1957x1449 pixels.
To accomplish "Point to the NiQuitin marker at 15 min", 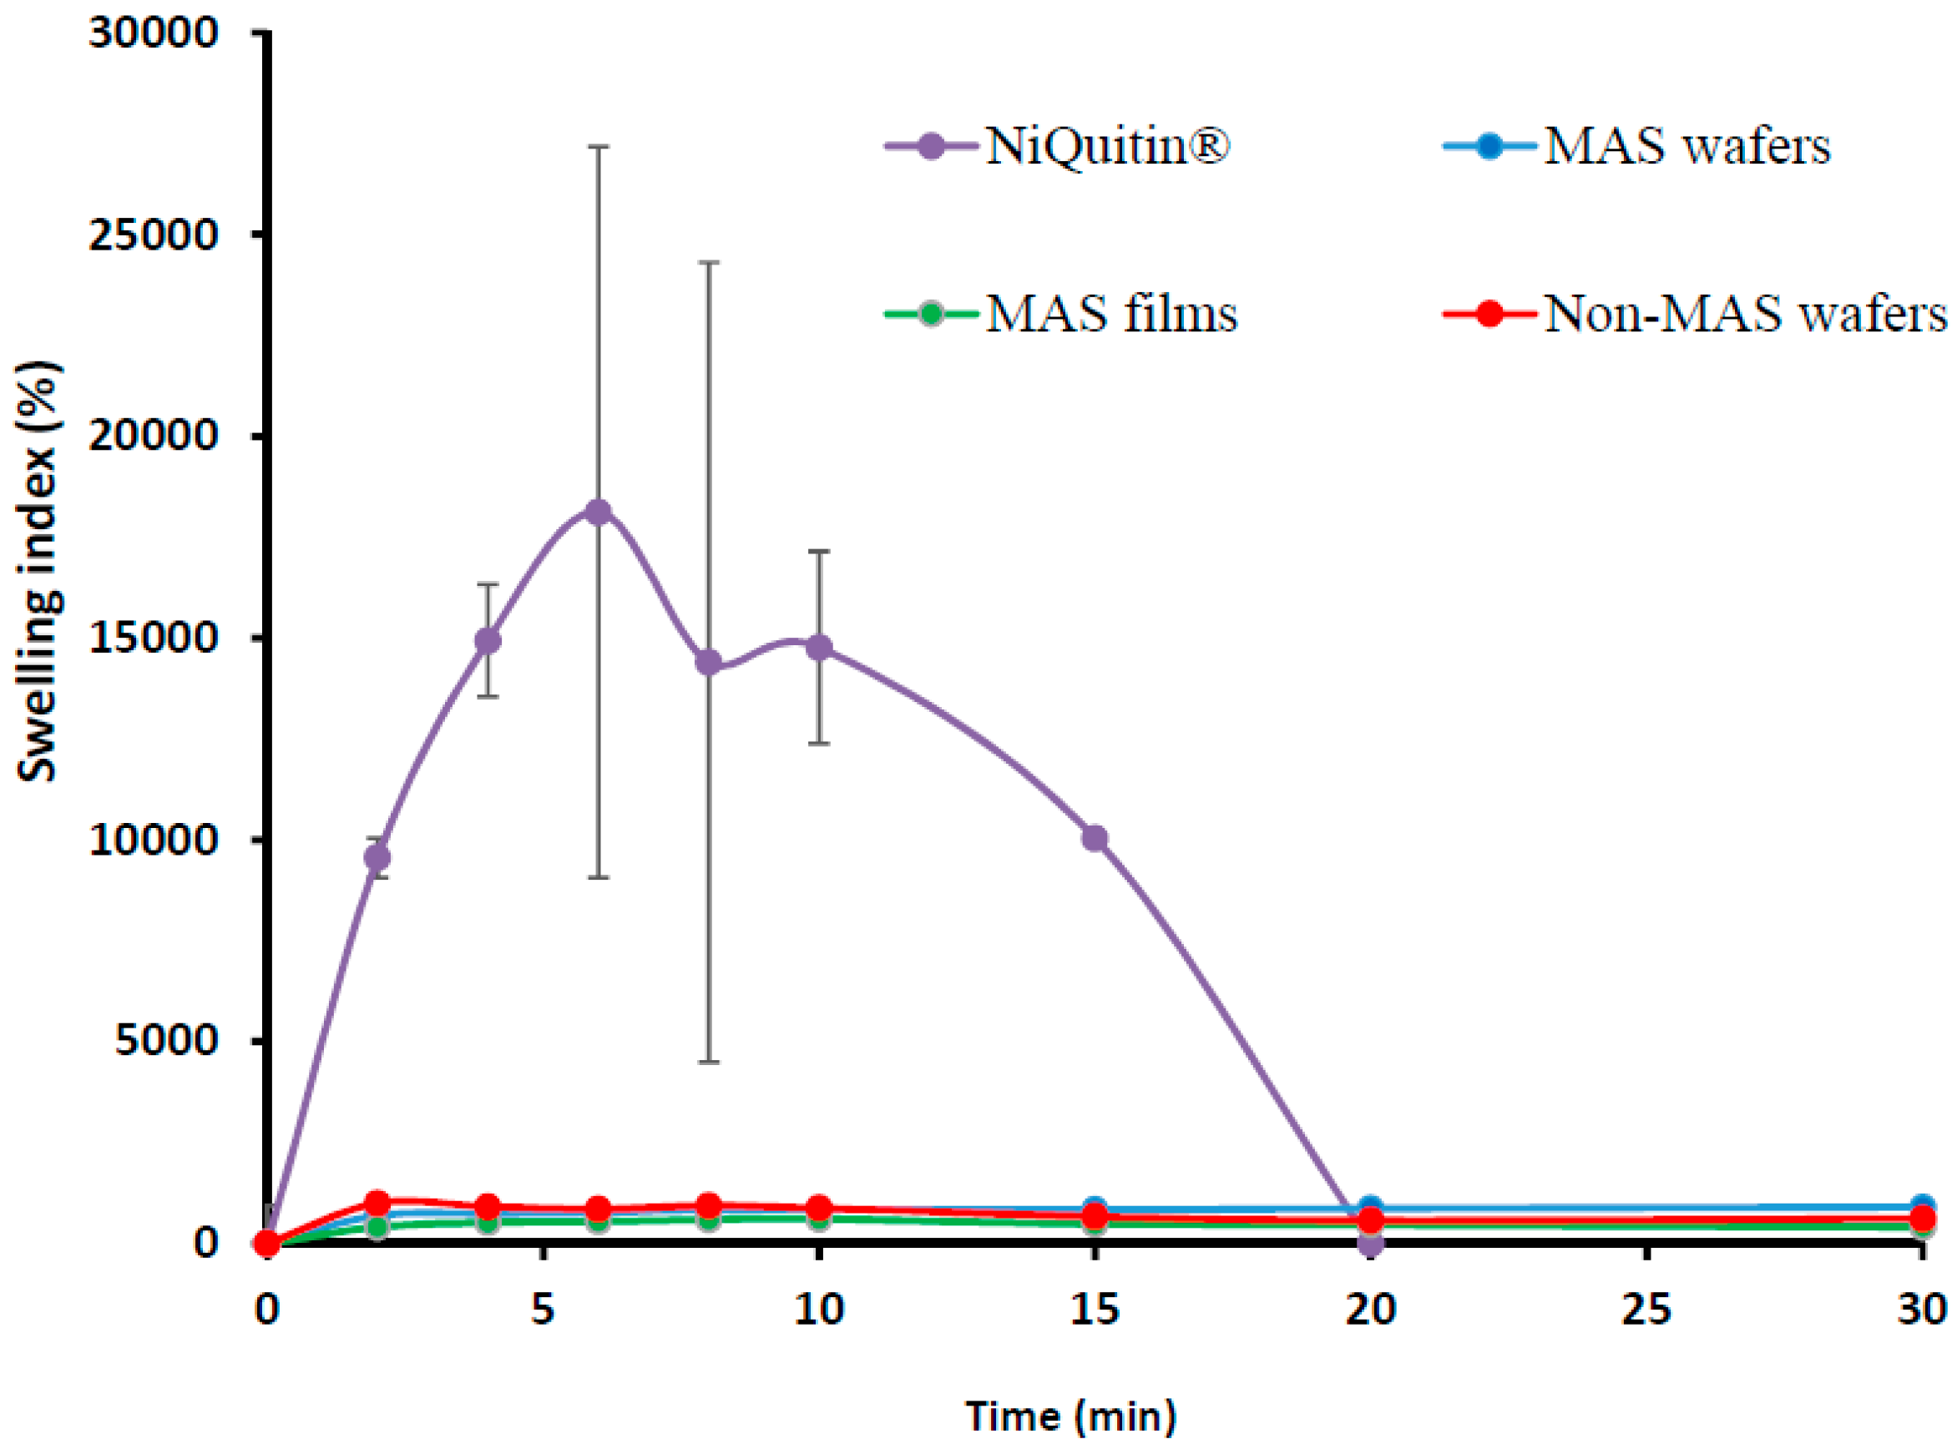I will click(x=1095, y=839).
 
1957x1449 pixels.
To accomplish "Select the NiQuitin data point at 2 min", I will click(x=377, y=858).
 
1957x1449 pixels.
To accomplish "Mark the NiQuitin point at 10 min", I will click(x=819, y=649).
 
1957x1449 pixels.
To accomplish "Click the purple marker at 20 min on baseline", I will click(x=1371, y=1243).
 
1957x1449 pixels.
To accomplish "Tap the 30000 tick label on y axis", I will click(x=154, y=33).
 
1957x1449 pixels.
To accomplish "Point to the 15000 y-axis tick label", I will click(x=154, y=639).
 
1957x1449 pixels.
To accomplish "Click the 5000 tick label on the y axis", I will click(x=166, y=1041).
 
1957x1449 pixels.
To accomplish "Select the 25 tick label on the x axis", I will click(x=1646, y=1311).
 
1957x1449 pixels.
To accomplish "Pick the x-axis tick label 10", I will click(x=818, y=1311).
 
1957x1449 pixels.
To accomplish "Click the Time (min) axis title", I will click(x=1071, y=1416).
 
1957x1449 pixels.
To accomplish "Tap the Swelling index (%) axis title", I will click(x=38, y=572).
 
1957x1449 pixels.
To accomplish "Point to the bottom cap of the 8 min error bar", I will click(x=709, y=1063).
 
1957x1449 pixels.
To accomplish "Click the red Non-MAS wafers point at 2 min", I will click(x=377, y=1202).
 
